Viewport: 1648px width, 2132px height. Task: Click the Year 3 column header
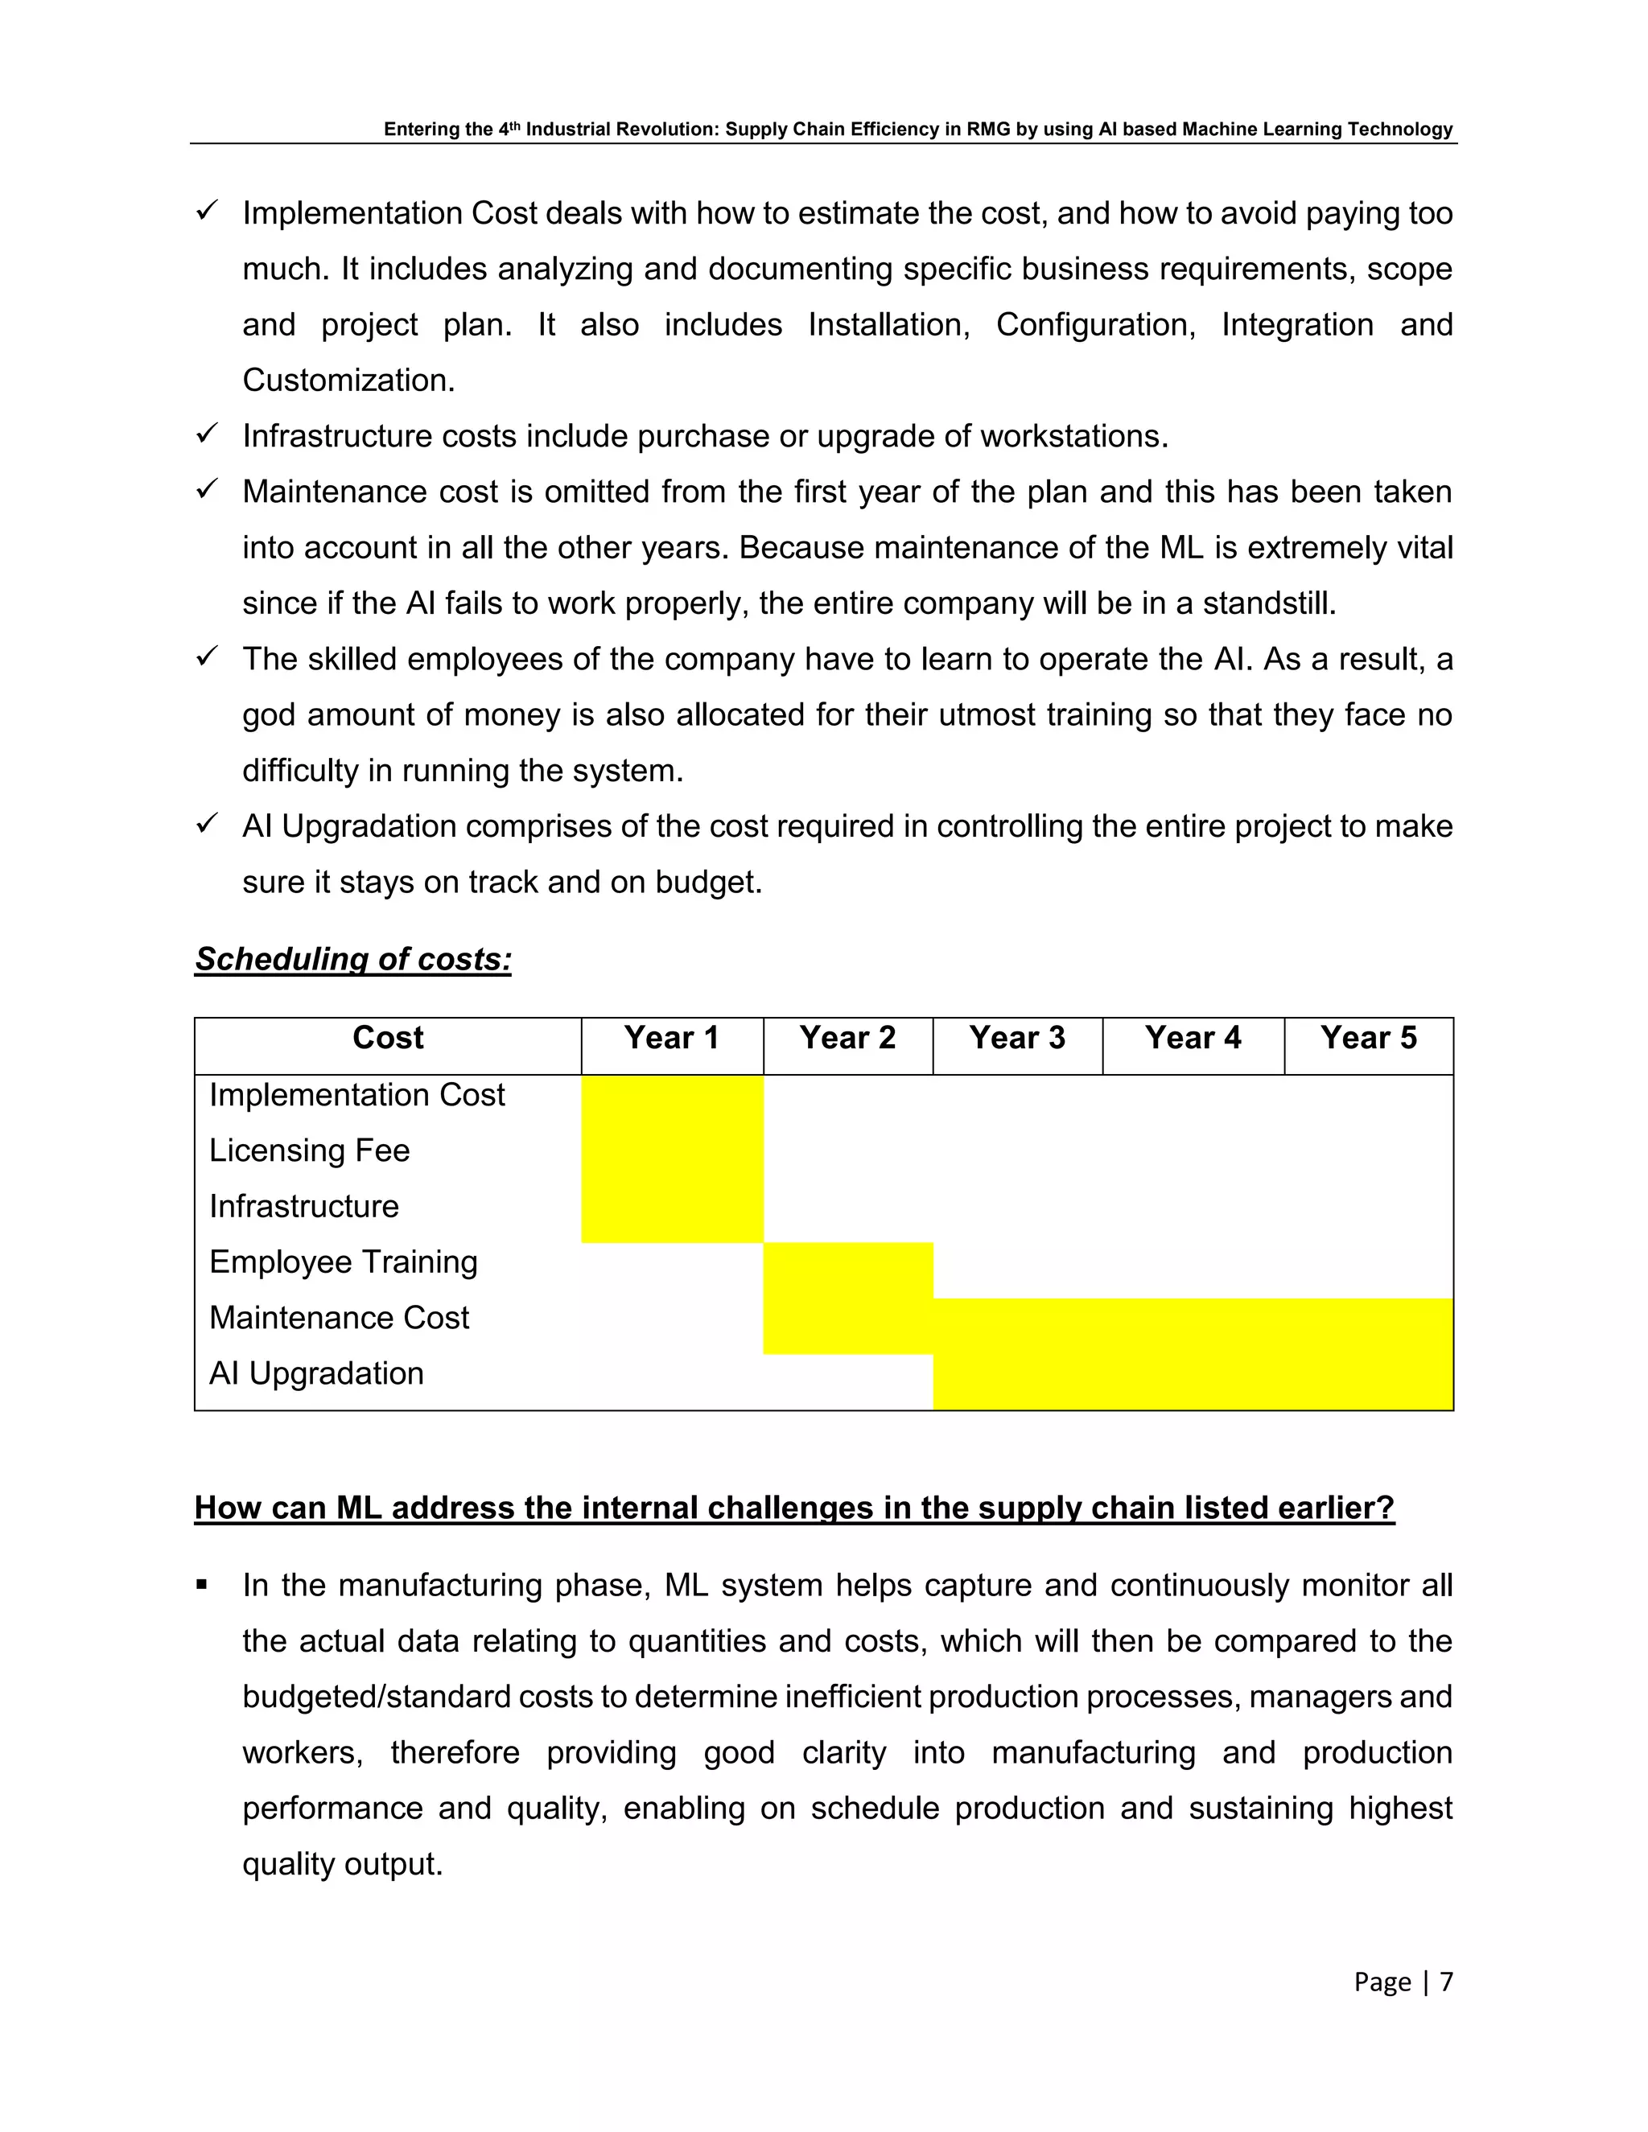[x=1016, y=1038]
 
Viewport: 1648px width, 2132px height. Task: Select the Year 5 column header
[x=1368, y=1038]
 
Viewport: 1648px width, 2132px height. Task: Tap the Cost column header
[x=388, y=1038]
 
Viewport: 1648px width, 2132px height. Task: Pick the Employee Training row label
[x=343, y=1262]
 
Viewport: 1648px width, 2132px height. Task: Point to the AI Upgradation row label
[x=316, y=1373]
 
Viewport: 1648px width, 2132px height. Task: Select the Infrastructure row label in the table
[x=303, y=1207]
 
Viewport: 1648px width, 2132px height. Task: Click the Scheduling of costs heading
[x=352, y=960]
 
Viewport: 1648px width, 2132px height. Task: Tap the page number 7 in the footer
[x=1446, y=1982]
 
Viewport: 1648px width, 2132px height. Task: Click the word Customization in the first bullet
[x=348, y=381]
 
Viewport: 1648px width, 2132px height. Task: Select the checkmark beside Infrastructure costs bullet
[x=206, y=434]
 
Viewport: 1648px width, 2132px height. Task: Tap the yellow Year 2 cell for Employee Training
[x=847, y=1270]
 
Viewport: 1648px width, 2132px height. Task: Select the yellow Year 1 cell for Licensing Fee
[x=672, y=1151]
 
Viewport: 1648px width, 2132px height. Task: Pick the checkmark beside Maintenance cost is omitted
[x=206, y=489]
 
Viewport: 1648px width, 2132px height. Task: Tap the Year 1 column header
[x=672, y=1038]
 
